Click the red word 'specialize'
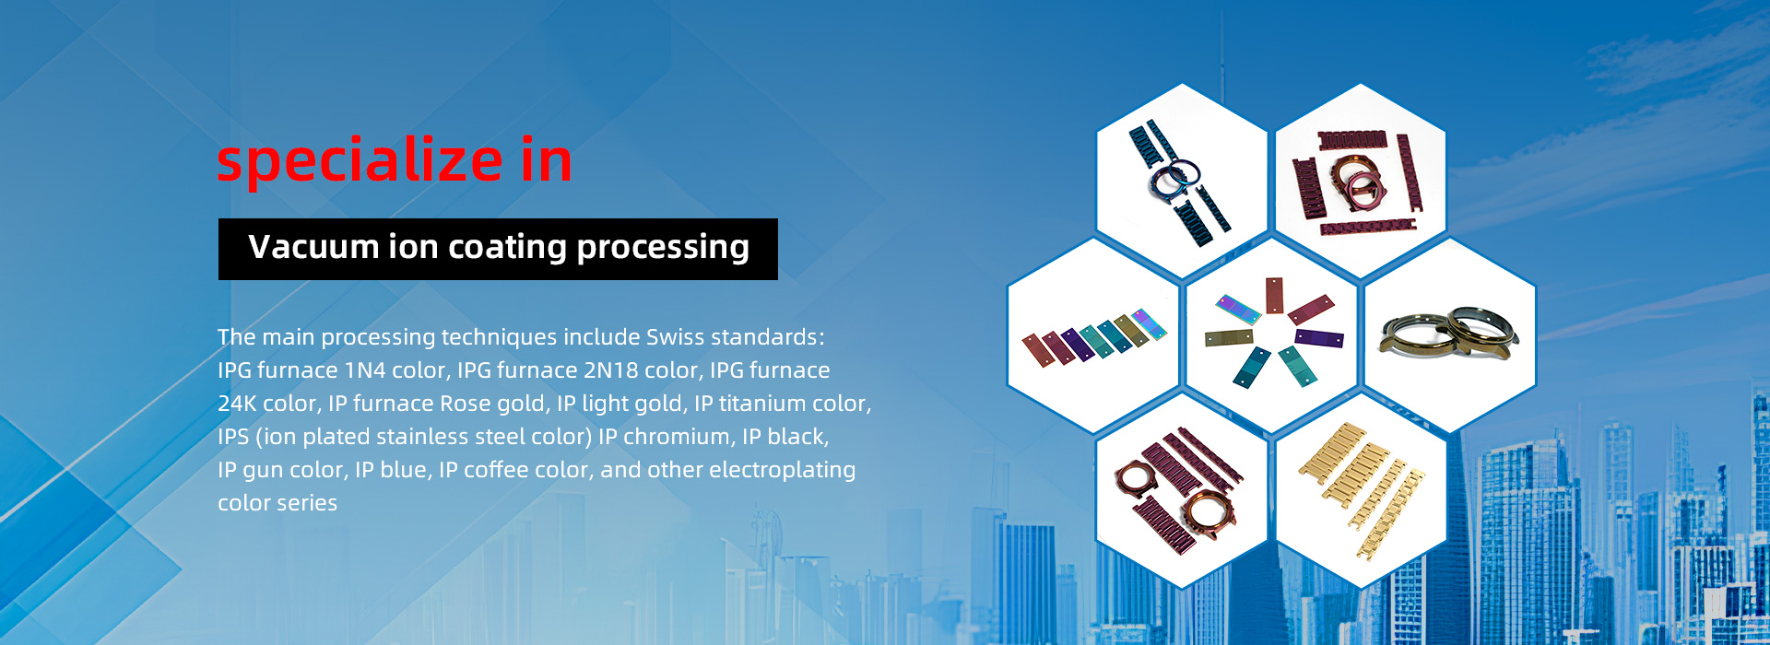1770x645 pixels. coord(360,162)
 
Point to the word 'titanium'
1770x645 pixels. coord(759,404)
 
